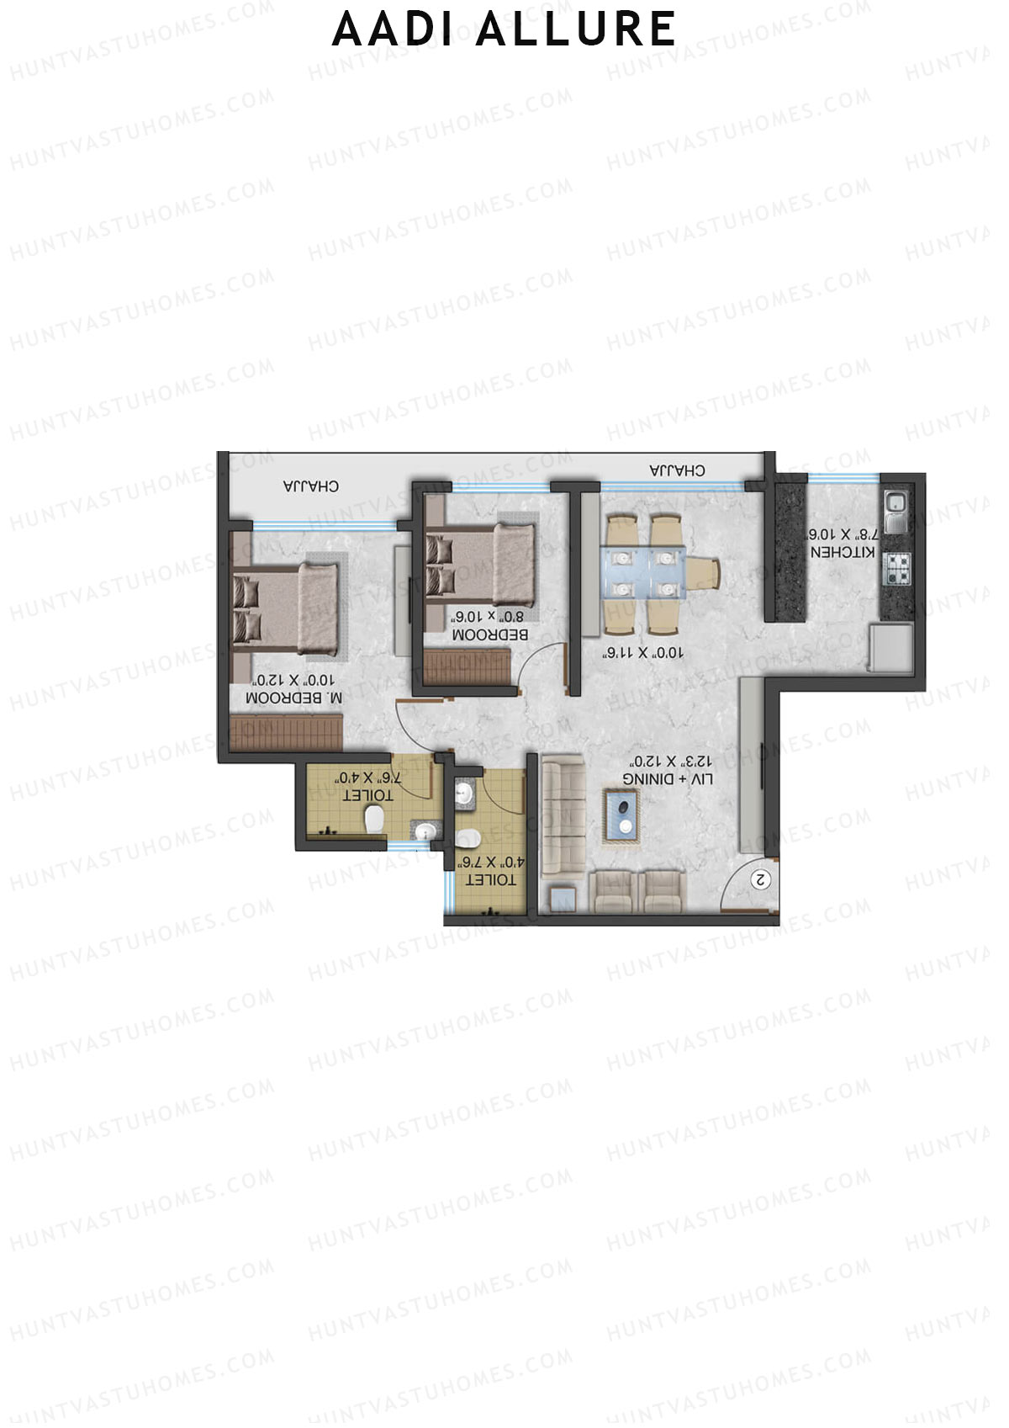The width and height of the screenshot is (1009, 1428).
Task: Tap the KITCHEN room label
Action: [843, 553]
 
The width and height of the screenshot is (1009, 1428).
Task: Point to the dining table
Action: [644, 572]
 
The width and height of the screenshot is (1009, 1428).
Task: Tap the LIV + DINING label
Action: [668, 779]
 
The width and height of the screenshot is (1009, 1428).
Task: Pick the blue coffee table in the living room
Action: [623, 815]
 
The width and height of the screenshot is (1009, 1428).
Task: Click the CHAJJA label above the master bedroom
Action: [311, 486]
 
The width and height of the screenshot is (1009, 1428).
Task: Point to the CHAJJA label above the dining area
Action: [677, 470]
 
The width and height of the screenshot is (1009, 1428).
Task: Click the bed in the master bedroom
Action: [286, 609]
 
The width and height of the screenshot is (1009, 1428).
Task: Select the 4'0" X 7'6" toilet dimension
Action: [490, 862]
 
